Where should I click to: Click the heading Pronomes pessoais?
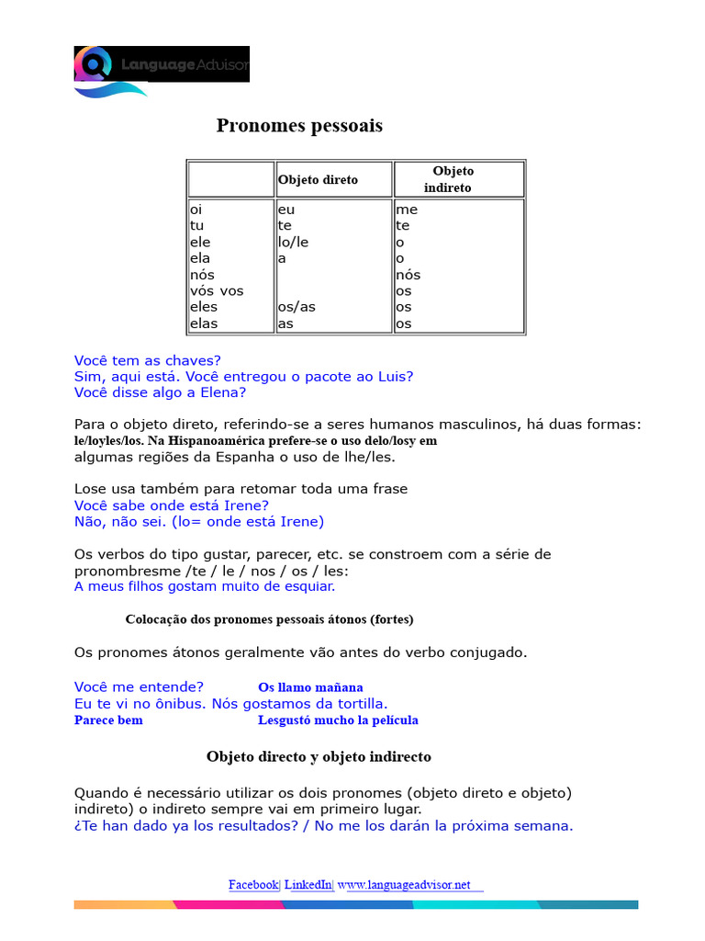299,126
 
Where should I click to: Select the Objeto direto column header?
318,180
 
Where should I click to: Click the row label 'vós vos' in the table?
217,291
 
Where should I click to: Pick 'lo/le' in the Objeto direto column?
293,243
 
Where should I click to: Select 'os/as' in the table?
296,307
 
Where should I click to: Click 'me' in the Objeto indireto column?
407,210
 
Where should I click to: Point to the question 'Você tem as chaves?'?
148,360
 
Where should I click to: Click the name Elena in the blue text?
225,392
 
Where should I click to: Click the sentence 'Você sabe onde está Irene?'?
172,505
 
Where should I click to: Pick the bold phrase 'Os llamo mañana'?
310,687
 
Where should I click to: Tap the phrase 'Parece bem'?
108,720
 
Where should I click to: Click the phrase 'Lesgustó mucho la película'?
338,720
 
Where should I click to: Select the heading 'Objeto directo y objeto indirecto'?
319,757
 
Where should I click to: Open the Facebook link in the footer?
252,885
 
